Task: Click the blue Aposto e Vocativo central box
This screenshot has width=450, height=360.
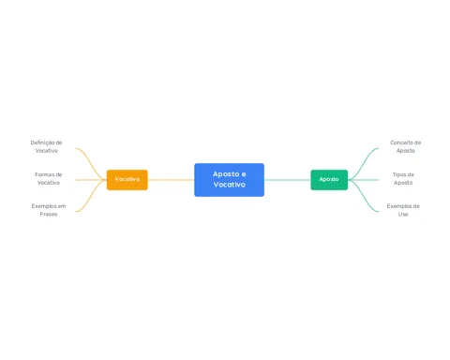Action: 229,180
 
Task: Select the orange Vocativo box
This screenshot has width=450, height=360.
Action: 127,180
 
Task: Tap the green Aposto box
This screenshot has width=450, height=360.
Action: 329,180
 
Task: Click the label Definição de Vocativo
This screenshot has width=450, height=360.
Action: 46,146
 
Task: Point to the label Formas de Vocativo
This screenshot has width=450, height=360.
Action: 49,178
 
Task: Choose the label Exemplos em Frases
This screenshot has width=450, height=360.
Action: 49,210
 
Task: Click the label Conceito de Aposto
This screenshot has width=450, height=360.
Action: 405,146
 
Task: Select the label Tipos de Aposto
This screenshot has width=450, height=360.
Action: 403,178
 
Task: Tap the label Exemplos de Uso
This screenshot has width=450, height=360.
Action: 403,210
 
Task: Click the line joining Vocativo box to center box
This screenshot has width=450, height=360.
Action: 171,180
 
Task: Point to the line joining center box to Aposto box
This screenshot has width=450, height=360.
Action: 288,180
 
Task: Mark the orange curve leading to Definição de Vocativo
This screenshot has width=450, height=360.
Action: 91,162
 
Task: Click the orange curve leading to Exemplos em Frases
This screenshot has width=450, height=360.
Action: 91,198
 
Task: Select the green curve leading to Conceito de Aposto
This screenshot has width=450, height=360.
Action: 363,162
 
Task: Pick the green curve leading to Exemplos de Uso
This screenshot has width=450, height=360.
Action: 363,198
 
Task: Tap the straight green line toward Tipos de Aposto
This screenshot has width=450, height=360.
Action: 363,180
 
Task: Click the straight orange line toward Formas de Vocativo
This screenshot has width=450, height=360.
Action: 91,180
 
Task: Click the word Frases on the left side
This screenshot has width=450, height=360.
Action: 49,214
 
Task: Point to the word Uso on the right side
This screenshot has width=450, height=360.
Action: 403,214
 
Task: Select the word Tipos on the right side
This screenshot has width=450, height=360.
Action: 399,174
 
